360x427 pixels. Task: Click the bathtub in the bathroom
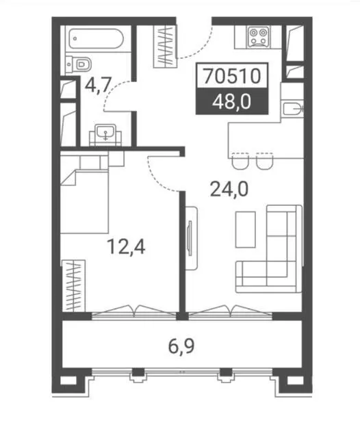pos(96,38)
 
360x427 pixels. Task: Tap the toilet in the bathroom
pos(78,65)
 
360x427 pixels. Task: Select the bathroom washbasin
pos(105,134)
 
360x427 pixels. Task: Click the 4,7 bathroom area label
pos(98,86)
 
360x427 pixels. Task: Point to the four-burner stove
pos(259,38)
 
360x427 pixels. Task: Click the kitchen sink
pos(292,109)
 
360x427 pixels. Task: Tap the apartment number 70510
pos(232,75)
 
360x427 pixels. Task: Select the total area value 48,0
pos(232,103)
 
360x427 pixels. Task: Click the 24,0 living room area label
pos(229,190)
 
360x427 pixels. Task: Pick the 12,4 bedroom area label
pos(126,246)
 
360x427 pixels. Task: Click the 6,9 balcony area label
pos(181,346)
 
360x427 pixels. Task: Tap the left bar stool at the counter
pos(240,161)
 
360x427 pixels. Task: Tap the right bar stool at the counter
pos(265,161)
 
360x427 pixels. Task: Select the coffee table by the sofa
pos(246,229)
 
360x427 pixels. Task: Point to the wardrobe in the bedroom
pos(73,285)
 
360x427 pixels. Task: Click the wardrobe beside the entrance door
pos(166,47)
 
